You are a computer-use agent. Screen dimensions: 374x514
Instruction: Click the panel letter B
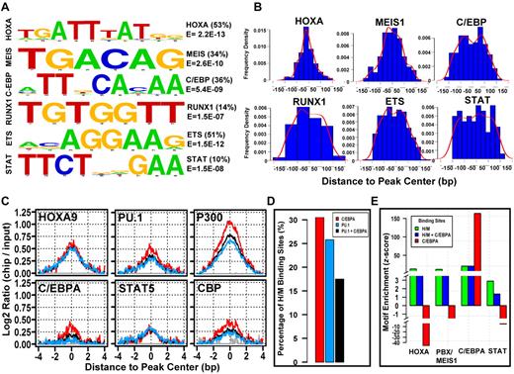pos(223,10)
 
